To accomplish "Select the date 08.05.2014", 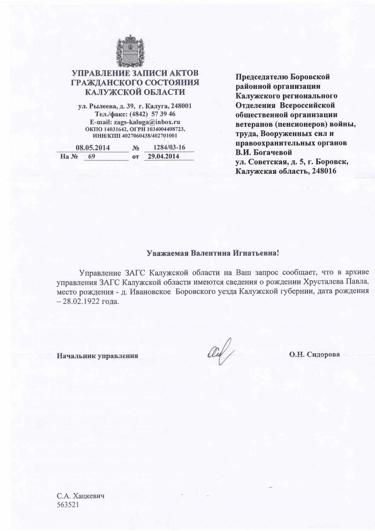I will click(93, 148).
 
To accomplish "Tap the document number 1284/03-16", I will click(169, 147).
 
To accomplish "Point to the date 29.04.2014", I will click(163, 156).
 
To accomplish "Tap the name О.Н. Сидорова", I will click(315, 354).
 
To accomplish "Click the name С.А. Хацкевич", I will click(81, 496).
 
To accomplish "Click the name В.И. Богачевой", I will click(264, 153).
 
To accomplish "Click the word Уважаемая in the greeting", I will click(167, 253).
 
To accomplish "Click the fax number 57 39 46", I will click(163, 114).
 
